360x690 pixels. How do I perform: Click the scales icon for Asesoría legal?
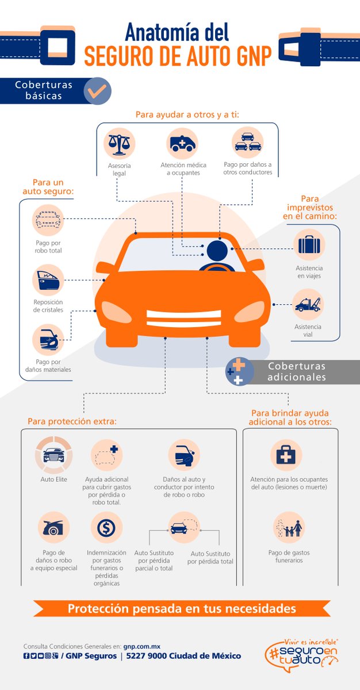[x=120, y=143]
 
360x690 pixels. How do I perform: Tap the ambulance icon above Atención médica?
[x=183, y=143]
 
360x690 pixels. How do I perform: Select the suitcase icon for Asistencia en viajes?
[x=309, y=244]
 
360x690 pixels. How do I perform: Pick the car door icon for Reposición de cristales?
[x=48, y=280]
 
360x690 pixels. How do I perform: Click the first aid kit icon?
[x=286, y=455]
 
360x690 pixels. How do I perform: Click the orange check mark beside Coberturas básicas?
[x=97, y=90]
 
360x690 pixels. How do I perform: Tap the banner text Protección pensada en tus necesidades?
[x=182, y=608]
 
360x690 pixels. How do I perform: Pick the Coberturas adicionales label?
[x=296, y=372]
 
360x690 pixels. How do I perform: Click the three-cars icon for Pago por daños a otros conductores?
[x=247, y=142]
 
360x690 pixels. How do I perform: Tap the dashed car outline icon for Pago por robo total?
[x=48, y=220]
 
